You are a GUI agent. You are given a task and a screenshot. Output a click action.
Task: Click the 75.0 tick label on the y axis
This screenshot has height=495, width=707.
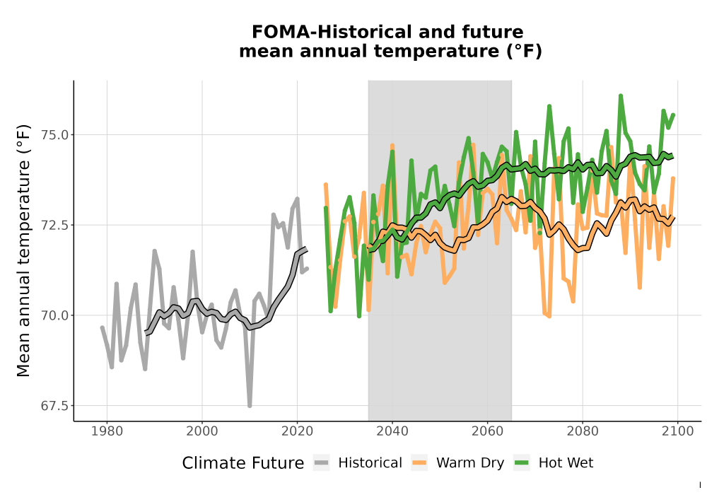point(54,135)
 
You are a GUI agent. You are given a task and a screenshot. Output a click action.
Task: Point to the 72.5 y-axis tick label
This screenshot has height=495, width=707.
point(54,225)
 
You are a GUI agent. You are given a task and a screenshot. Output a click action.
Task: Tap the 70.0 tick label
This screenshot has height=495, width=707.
point(54,315)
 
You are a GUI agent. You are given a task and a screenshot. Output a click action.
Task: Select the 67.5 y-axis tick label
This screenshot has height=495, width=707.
point(54,406)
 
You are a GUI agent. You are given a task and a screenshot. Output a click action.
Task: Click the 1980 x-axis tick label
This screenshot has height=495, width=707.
point(107,431)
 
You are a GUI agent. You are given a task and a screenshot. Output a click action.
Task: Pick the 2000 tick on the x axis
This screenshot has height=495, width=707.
point(202,431)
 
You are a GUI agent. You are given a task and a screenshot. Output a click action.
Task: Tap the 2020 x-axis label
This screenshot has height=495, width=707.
point(297,431)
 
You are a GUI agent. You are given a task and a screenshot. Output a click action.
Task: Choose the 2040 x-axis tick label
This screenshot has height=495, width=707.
point(392,431)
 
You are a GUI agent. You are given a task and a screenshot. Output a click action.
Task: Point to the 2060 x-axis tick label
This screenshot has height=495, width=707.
point(487,431)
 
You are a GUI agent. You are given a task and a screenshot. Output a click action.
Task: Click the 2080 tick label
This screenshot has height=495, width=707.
point(583,431)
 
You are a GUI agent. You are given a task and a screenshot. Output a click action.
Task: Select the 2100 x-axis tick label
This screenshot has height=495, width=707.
point(678,431)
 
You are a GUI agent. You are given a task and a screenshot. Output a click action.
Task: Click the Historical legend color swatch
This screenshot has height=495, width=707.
point(322,462)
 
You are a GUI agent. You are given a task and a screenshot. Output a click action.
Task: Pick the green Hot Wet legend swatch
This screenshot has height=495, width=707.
point(522,462)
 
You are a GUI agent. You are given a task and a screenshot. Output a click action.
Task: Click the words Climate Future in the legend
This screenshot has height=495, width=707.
point(243,463)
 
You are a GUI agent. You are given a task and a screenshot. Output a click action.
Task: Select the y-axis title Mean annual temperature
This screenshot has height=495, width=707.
point(23,250)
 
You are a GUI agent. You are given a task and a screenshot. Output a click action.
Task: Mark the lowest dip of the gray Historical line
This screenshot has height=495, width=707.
point(250,406)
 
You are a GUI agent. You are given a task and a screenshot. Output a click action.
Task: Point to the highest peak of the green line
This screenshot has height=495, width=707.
point(621,95)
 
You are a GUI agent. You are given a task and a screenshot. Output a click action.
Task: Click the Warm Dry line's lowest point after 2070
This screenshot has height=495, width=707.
point(549,316)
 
